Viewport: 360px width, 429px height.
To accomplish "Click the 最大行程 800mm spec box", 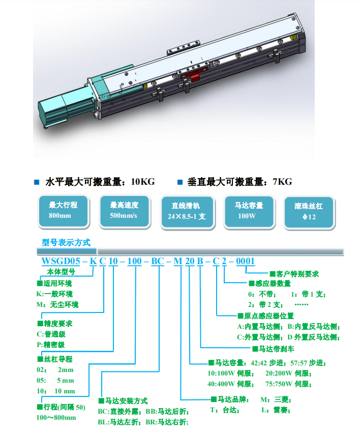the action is (x=64, y=211).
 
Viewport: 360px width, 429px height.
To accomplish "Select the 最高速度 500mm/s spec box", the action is (x=125, y=211).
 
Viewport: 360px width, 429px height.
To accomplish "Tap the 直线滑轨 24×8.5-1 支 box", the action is (x=187, y=212).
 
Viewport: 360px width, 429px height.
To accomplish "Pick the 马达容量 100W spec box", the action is (x=249, y=211).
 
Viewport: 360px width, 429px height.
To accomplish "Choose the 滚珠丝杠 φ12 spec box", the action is (x=309, y=212).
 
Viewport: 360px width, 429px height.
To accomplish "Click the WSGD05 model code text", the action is (x=61, y=261).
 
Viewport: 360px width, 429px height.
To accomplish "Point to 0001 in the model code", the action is (x=245, y=261).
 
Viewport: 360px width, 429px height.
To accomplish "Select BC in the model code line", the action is (x=158, y=261).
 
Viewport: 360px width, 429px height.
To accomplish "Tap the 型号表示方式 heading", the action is (x=66, y=242).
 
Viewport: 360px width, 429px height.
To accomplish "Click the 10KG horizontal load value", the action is (x=143, y=181).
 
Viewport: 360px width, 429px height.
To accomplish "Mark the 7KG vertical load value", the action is (x=282, y=181).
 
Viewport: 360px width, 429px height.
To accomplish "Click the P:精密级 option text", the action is (x=51, y=345).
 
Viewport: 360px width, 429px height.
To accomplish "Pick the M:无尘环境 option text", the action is (x=57, y=304).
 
